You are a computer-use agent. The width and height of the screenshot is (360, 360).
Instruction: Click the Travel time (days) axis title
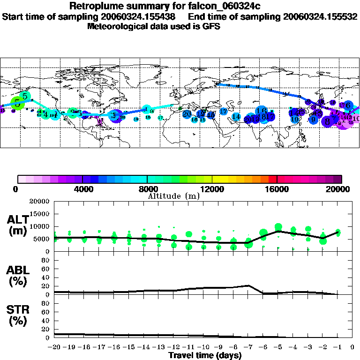point(205,356)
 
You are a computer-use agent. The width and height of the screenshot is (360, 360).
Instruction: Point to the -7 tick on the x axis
point(247,347)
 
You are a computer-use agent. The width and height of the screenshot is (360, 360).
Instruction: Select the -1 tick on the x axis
point(337,347)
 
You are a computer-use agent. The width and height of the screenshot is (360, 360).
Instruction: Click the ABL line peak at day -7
point(248,285)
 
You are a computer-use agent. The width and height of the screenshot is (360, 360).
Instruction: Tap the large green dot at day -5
point(278,227)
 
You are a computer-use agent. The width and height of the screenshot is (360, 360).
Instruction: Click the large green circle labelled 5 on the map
point(17,103)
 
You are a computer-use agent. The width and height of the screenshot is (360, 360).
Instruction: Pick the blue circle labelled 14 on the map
point(236,116)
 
